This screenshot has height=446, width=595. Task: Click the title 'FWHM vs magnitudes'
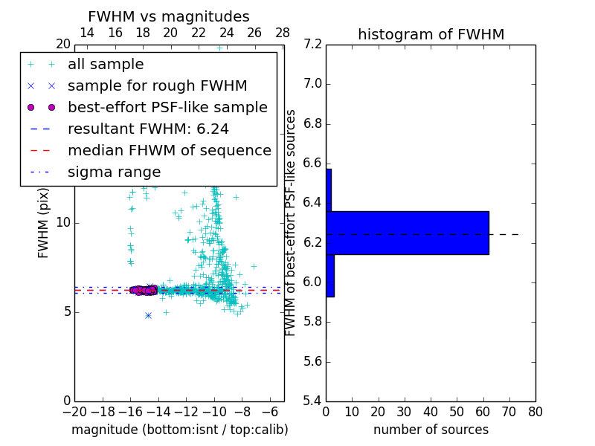click(x=168, y=16)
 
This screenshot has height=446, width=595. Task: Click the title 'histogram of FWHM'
click(x=431, y=34)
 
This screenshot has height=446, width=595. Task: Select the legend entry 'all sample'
click(x=106, y=65)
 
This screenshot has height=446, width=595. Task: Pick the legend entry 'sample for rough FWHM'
click(x=157, y=85)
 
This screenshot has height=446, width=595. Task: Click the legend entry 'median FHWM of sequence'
click(x=169, y=150)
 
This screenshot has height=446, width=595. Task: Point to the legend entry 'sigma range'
click(x=114, y=172)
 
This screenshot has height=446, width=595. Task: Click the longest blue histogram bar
click(x=408, y=233)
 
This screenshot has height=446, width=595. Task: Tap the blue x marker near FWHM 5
click(x=148, y=315)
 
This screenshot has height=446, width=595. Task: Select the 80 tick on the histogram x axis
click(x=535, y=412)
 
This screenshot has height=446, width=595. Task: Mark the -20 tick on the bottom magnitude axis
click(x=74, y=412)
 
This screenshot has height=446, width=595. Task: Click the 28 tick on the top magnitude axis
click(x=283, y=33)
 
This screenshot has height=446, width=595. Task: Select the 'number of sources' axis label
click(x=431, y=430)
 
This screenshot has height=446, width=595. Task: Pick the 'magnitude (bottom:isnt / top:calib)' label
click(x=179, y=430)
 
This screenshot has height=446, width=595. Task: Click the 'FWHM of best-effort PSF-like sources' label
click(x=292, y=223)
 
